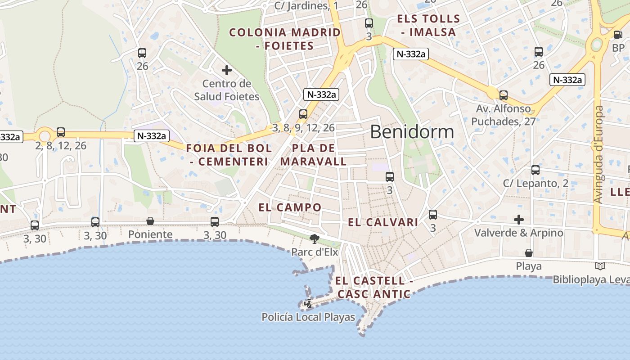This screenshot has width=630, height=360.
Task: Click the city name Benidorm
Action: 412,132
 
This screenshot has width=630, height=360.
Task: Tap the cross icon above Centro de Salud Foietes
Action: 227,70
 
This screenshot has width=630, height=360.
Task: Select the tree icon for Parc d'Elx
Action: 315,238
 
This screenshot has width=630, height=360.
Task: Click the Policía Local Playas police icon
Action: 308,304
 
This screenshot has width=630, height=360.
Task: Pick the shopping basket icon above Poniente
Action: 150,221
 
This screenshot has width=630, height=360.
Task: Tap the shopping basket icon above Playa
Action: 529,253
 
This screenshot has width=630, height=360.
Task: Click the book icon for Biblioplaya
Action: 600,266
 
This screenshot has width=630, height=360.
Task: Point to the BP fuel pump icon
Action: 618,34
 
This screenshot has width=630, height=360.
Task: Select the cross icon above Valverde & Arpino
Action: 519,220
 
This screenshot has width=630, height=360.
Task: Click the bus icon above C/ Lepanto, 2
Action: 535,170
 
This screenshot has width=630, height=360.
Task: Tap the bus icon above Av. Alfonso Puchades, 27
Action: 504,95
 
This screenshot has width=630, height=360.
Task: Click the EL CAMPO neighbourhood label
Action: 290,207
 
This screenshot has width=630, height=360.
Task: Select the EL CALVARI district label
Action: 383,222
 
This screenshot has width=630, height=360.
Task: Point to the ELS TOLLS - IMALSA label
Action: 428,26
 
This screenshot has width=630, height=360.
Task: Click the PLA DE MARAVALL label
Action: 314,155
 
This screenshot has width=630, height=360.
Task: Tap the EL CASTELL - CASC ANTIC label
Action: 373,288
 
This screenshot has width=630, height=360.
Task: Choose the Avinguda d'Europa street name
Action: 598,154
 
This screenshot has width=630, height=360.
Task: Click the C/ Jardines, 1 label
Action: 306,6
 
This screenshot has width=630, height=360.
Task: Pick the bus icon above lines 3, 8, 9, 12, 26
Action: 303,114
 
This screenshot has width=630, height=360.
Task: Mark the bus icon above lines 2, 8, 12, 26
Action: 61,132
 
